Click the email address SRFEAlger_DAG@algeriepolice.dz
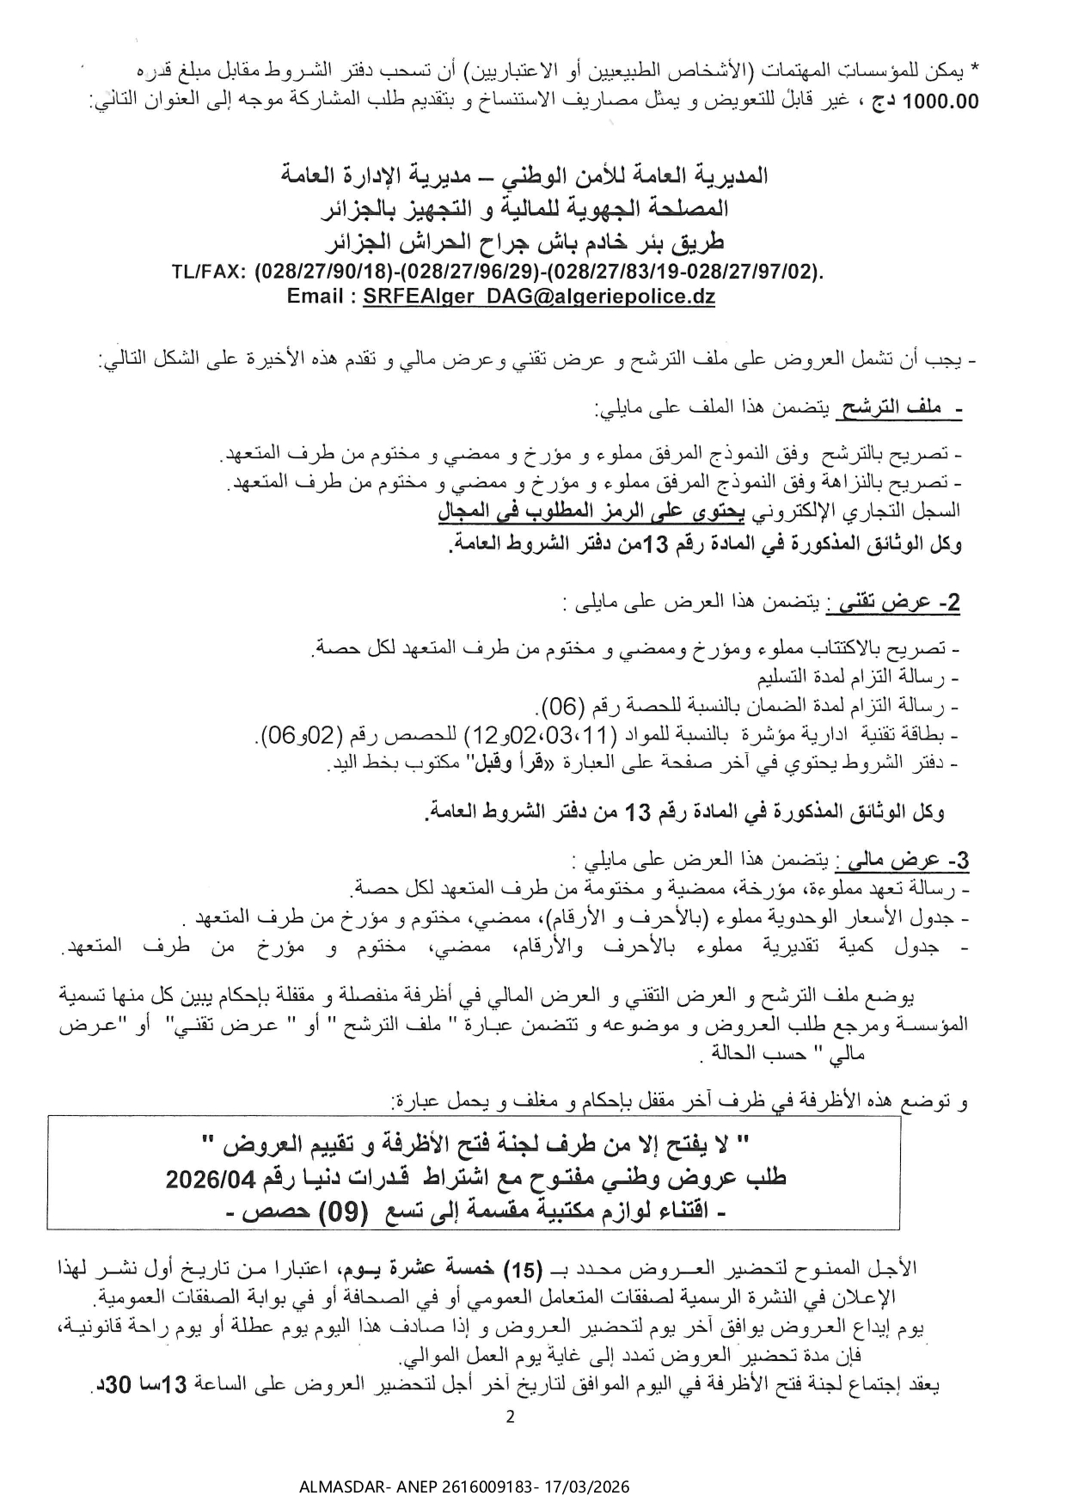(539, 297)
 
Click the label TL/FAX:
(209, 273)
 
